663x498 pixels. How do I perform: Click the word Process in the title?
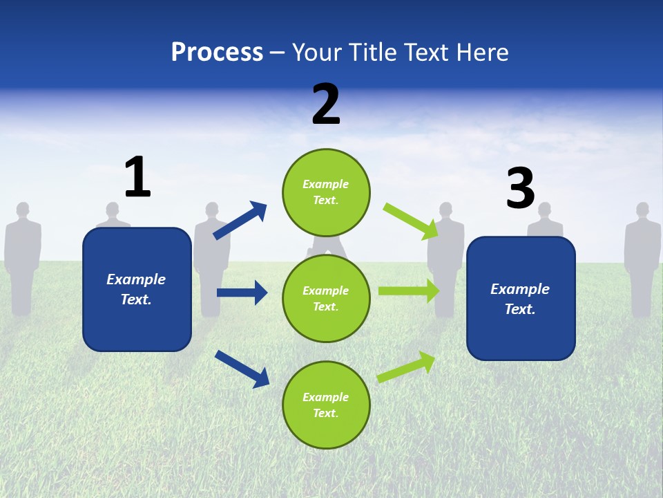(217, 52)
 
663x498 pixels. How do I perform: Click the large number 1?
(137, 177)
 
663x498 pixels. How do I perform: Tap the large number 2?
(326, 104)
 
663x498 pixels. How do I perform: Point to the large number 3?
(521, 188)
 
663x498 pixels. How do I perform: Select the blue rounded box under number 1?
(137, 289)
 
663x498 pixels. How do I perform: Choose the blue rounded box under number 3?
(521, 299)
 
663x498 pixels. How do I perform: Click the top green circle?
(326, 192)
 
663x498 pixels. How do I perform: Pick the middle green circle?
(326, 299)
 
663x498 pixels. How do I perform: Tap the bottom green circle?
(326, 405)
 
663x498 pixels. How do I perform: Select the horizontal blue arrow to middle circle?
(242, 293)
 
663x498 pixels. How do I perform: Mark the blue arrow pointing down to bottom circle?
(242, 368)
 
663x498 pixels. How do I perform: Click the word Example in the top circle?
(326, 184)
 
